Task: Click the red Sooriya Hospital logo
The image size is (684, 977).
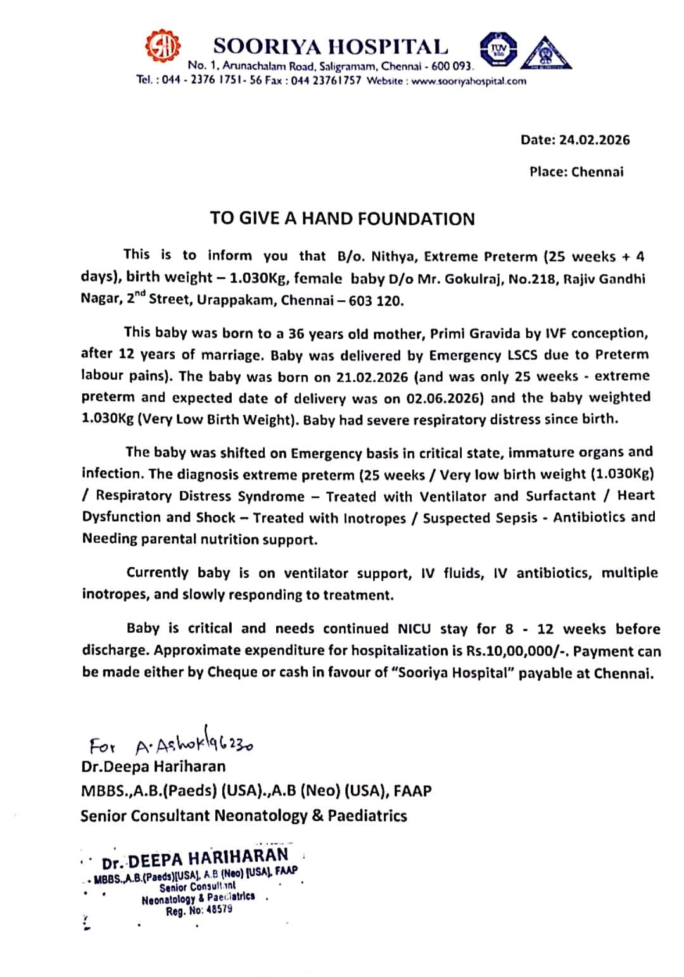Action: click(x=163, y=49)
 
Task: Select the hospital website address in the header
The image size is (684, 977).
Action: click(x=469, y=81)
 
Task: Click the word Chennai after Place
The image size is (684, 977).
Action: click(x=597, y=172)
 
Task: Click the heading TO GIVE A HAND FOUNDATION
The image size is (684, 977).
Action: click(x=342, y=218)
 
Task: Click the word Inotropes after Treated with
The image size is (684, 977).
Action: click(x=374, y=518)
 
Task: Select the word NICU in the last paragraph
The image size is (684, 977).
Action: click(x=414, y=629)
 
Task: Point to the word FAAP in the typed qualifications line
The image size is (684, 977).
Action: click(x=412, y=791)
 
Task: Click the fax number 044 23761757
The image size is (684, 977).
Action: click(x=326, y=81)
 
